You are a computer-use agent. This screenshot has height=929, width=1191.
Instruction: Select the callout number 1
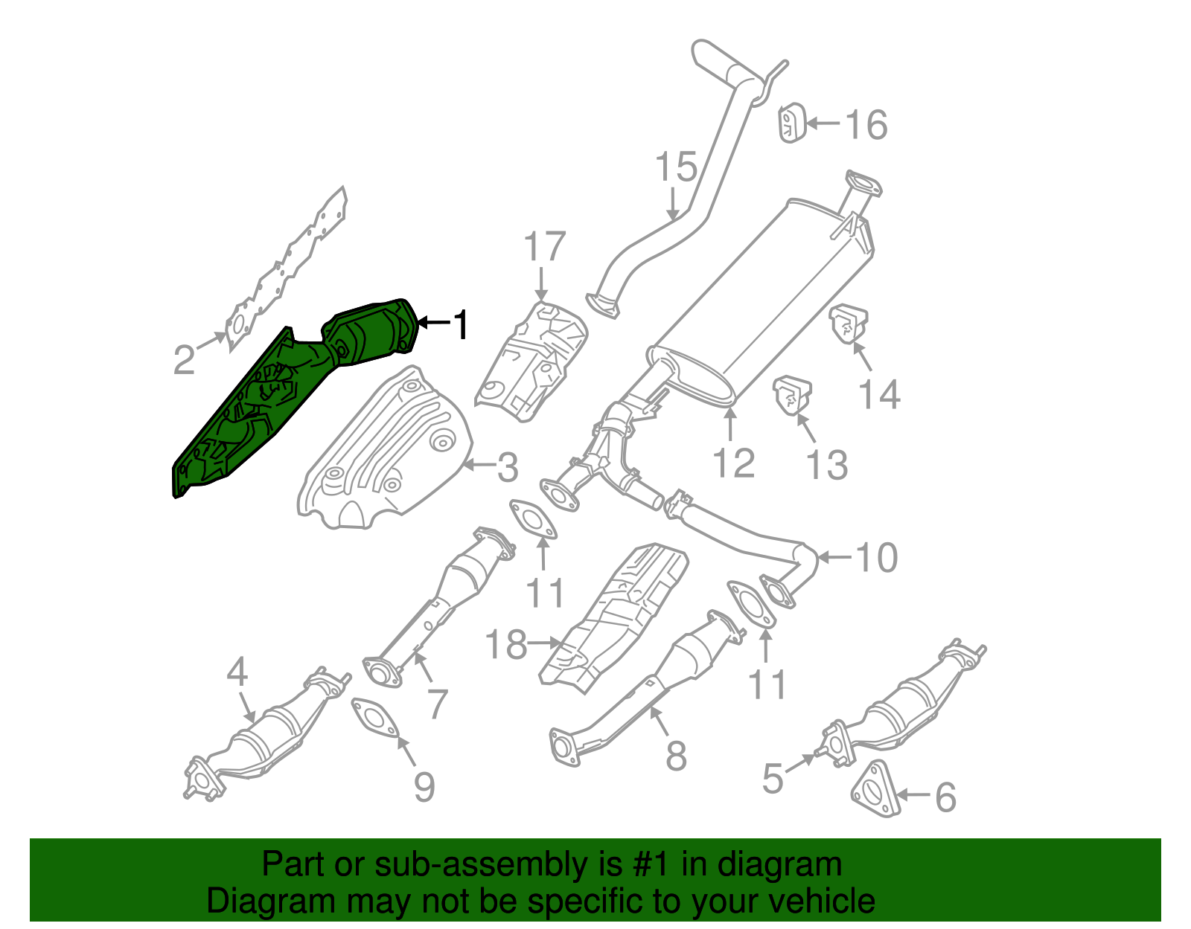462,325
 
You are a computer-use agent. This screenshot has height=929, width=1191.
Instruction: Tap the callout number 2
184,360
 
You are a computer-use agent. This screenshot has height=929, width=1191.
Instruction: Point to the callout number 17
545,248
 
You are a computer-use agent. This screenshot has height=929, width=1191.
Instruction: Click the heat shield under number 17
532,357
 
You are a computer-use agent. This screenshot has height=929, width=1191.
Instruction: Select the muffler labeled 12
767,298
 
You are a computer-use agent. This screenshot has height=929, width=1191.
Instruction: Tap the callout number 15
677,167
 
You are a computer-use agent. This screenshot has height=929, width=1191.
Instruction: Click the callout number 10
877,558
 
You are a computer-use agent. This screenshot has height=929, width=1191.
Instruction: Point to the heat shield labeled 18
614,617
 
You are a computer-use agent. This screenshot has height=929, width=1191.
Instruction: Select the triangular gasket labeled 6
875,789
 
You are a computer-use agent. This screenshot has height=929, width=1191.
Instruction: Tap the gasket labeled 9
376,719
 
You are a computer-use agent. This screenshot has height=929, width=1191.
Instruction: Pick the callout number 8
676,757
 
